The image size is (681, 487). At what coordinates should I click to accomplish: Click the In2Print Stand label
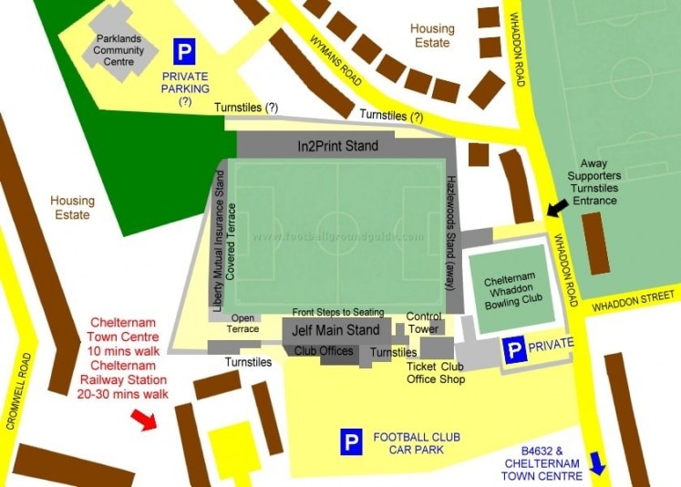[337, 145]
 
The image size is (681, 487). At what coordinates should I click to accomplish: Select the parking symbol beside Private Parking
[184, 51]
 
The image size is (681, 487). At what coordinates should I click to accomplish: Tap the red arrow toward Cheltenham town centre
[143, 419]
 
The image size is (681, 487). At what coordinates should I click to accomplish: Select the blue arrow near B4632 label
[598, 463]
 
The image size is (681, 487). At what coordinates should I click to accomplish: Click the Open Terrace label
[242, 324]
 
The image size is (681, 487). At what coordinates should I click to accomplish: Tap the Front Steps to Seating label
[338, 312]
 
